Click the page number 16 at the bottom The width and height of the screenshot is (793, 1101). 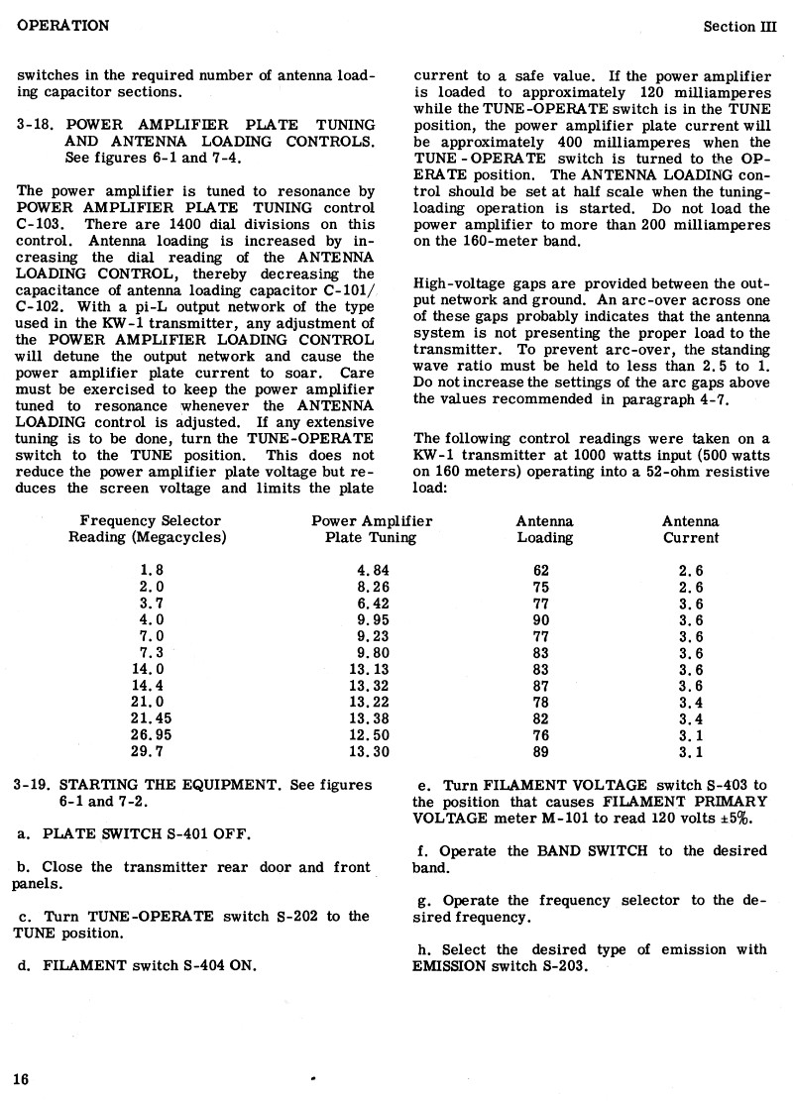tap(22, 1079)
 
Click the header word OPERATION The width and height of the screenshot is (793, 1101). tap(62, 25)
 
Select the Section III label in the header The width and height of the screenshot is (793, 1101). tap(741, 26)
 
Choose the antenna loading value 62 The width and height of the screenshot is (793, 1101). tap(541, 571)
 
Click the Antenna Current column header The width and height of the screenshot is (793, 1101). tap(691, 529)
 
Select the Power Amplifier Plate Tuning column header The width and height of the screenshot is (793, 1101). tap(372, 529)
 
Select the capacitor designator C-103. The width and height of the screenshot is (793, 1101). tap(41, 224)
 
